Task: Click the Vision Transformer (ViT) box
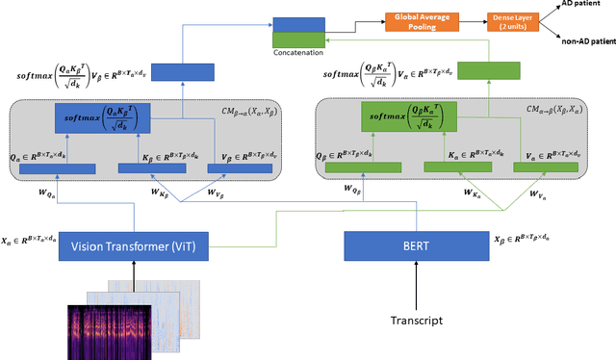(x=134, y=247)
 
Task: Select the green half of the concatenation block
(x=299, y=39)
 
